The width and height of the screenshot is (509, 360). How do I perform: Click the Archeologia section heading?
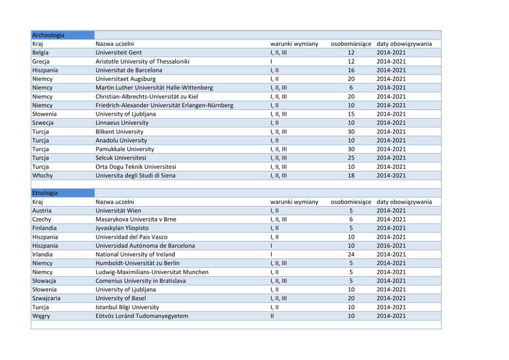(48, 35)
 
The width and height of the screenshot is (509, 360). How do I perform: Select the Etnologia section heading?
(45, 193)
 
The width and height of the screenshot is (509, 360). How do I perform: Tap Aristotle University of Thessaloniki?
(143, 62)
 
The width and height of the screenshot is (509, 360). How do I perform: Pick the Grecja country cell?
(42, 62)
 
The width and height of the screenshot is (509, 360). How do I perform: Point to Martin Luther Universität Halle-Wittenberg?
(154, 88)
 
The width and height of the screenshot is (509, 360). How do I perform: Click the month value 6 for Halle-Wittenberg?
(351, 88)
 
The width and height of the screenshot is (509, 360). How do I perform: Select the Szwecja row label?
(43, 123)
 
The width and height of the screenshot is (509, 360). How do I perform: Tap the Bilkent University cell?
(120, 132)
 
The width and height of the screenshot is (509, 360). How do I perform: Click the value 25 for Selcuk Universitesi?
(351, 158)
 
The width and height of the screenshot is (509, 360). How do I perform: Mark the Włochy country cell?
(43, 175)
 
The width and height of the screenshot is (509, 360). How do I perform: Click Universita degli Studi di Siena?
(135, 175)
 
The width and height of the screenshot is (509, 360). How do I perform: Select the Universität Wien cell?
(119, 211)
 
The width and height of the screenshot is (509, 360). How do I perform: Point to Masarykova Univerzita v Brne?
(136, 219)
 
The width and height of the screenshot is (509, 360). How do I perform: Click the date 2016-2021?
(391, 246)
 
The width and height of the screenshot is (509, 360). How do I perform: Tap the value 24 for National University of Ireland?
(351, 254)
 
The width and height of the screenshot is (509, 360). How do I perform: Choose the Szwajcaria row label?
(46, 298)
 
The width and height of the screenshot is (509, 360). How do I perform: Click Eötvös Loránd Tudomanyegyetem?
(142, 316)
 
